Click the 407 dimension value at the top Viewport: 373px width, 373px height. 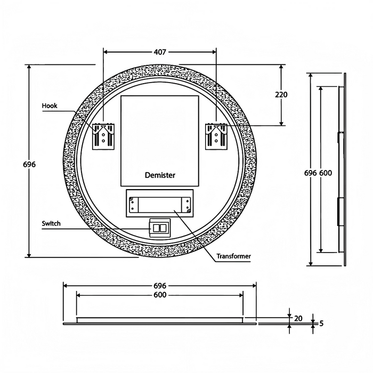point(160,52)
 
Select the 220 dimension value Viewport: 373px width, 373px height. point(281,94)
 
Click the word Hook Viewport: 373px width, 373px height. point(50,106)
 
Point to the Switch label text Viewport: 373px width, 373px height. point(51,224)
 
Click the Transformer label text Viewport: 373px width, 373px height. point(233,256)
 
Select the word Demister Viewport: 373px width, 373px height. point(160,175)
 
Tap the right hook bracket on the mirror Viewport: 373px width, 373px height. point(216,136)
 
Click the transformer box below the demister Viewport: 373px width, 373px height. point(160,204)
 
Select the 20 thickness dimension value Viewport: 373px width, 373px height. point(298,318)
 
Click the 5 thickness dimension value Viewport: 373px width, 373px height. point(322,323)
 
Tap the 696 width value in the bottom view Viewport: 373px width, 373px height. point(160,286)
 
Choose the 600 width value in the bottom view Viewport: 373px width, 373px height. point(160,295)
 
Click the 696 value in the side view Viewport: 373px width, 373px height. point(311,173)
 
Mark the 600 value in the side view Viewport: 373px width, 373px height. point(326,173)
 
